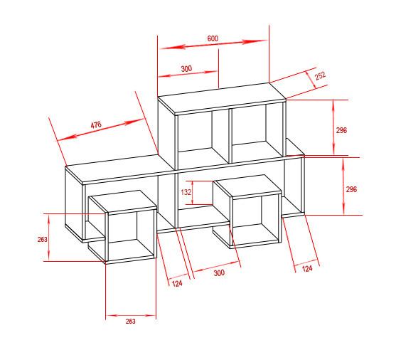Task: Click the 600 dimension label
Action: point(213,38)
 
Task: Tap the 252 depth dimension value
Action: point(320,76)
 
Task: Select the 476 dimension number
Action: point(96,125)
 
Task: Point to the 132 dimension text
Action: point(186,192)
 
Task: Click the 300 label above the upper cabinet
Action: point(186,68)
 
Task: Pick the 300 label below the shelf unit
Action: point(219,272)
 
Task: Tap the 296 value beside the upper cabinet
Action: point(341,130)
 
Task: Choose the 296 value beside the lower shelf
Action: point(351,189)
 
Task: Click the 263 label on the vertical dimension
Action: point(43,240)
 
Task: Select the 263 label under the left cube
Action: point(131,322)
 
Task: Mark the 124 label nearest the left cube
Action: point(177,284)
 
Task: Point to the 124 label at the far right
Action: point(307,268)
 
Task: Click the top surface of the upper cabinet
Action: point(222,97)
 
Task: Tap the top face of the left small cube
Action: point(123,201)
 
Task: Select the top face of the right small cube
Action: point(247,185)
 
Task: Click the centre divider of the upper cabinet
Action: point(230,136)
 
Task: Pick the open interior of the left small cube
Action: point(131,235)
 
